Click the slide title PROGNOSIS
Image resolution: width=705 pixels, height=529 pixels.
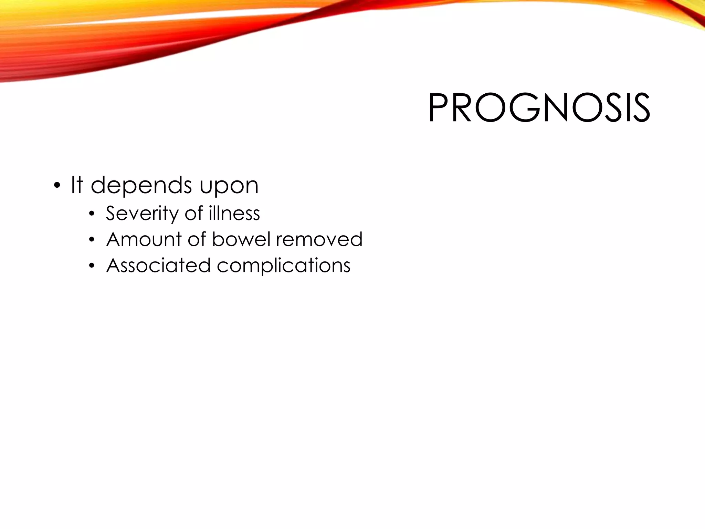pos(539,108)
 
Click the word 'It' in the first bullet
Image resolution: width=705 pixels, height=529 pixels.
pos(77,185)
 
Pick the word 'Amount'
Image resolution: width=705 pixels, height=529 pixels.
pos(144,239)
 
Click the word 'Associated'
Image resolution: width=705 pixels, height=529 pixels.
pos(158,266)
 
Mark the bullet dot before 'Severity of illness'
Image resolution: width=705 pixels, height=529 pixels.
pos(91,214)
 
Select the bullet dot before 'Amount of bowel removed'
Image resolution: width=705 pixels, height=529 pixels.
pos(91,240)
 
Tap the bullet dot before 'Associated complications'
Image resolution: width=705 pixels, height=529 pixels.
pos(91,266)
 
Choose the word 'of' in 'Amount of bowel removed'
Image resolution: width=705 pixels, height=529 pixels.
pos(197,239)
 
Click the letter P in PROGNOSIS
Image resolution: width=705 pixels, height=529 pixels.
pos(438,108)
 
